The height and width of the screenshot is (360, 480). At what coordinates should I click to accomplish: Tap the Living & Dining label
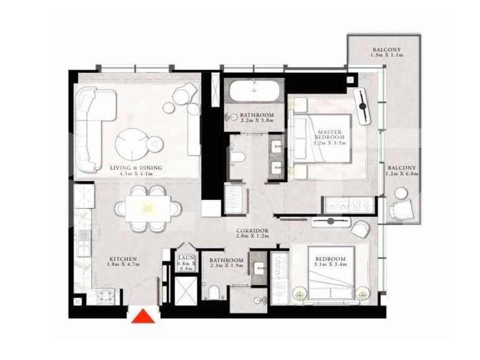[136, 171]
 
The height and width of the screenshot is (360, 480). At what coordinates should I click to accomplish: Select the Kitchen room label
[123, 262]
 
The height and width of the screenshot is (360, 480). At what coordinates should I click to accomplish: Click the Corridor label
[252, 234]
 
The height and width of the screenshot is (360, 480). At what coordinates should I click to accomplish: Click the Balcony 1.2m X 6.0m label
[401, 171]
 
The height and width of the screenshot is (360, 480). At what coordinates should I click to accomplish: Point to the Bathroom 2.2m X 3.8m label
[257, 118]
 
